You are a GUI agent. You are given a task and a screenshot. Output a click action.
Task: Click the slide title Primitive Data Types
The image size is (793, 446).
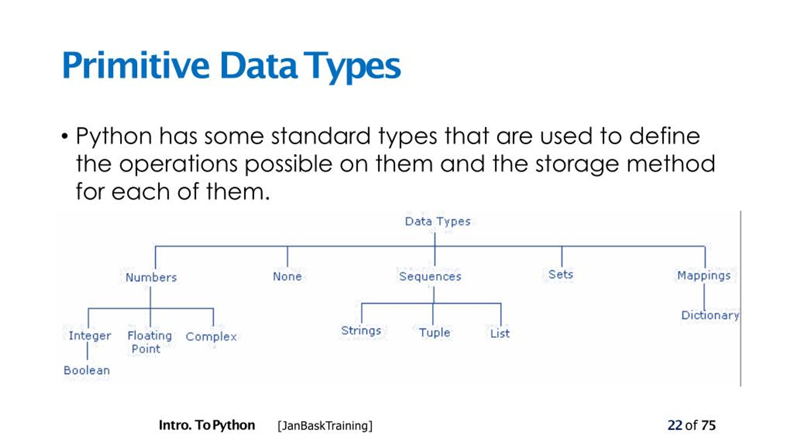point(231,66)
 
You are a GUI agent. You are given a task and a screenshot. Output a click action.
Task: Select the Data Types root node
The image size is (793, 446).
point(438,222)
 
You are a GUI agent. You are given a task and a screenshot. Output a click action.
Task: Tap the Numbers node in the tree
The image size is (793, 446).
point(151,277)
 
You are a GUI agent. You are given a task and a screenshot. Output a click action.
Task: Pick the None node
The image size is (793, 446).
point(287,276)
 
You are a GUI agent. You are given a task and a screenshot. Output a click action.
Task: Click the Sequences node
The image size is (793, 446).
point(430,277)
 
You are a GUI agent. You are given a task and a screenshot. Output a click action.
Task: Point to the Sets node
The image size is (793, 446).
point(561,274)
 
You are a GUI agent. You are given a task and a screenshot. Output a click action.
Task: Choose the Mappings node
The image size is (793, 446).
point(704,276)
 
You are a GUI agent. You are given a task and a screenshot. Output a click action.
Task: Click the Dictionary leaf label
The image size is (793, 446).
point(710,316)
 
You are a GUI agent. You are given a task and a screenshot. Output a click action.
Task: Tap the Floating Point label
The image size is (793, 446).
point(149,342)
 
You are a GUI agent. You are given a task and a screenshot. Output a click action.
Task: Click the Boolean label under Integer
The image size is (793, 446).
point(87,370)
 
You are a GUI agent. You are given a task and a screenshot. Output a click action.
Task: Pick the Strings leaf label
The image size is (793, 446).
point(361,331)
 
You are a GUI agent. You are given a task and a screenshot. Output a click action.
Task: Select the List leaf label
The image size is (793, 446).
point(500,334)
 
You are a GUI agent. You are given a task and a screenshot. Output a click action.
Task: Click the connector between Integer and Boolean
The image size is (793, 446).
point(87,352)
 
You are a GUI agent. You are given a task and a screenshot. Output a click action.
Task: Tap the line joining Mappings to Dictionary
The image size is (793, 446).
point(704,297)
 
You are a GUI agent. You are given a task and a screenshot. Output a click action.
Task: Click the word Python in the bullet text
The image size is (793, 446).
point(114,136)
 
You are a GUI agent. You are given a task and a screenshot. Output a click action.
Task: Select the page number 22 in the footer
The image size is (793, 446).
point(675,425)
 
